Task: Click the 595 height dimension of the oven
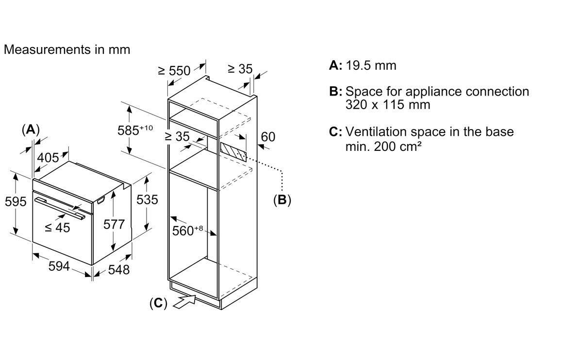16,201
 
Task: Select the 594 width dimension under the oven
59,266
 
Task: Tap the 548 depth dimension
118,269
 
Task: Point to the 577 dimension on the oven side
114,224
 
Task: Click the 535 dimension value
147,200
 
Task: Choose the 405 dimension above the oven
48,158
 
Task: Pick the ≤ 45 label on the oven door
57,228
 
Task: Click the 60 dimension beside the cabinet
268,137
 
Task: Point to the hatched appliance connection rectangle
233,152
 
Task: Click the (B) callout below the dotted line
282,200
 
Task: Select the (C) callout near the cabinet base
158,303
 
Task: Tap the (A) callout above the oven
31,130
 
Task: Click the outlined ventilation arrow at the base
185,301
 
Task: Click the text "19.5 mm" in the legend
371,65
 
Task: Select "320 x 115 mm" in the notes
388,104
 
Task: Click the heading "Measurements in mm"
67,49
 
